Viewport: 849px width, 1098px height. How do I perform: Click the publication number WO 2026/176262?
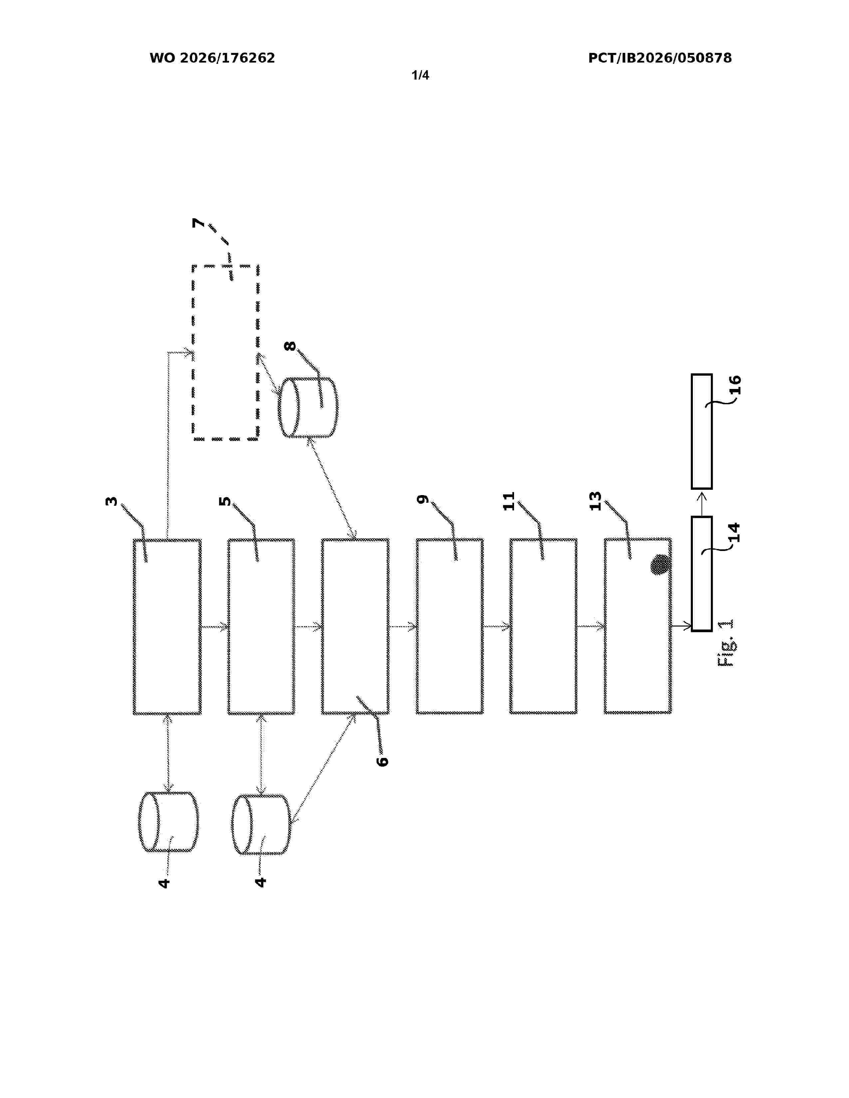pyautogui.click(x=212, y=58)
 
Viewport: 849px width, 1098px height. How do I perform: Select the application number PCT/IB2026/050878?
pyautogui.click(x=660, y=58)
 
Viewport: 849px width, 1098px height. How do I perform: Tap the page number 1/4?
pyautogui.click(x=421, y=76)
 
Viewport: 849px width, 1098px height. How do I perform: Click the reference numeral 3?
pyautogui.click(x=111, y=501)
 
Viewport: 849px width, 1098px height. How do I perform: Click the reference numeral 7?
pyautogui.click(x=199, y=223)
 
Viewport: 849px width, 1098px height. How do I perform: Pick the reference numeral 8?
pyautogui.click(x=290, y=346)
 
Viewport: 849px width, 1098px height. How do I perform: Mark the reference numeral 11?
pyautogui.click(x=509, y=501)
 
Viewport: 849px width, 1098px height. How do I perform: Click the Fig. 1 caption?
pyautogui.click(x=726, y=643)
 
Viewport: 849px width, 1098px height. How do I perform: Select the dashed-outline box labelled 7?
pyautogui.click(x=193, y=352)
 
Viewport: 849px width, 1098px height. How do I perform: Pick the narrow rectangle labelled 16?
pyautogui.click(x=702, y=431)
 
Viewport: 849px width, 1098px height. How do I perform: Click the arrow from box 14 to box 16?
pyautogui.click(x=702, y=503)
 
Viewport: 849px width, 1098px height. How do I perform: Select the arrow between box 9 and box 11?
pyautogui.click(x=496, y=627)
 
